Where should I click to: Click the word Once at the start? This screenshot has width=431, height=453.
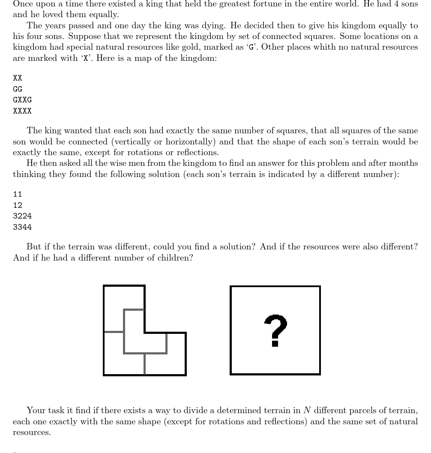pos(23,4)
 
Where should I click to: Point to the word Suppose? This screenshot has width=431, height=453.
pos(84,36)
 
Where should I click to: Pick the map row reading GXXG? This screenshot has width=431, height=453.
pos(22,100)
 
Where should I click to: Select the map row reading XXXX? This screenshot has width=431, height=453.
pos(22,111)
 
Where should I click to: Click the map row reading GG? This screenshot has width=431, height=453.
pos(18,89)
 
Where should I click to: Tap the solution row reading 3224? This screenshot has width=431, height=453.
pos(22,216)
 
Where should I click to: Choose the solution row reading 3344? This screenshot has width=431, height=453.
pos(22,227)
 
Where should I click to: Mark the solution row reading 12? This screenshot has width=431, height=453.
pos(18,205)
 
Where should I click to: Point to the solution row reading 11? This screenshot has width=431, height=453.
pos(18,194)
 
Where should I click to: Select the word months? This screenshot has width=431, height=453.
pos(404,163)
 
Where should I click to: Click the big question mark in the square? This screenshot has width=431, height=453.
pos(275,330)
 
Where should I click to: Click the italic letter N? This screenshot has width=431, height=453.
pos(307,411)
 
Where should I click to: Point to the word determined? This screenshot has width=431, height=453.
pos(236,411)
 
